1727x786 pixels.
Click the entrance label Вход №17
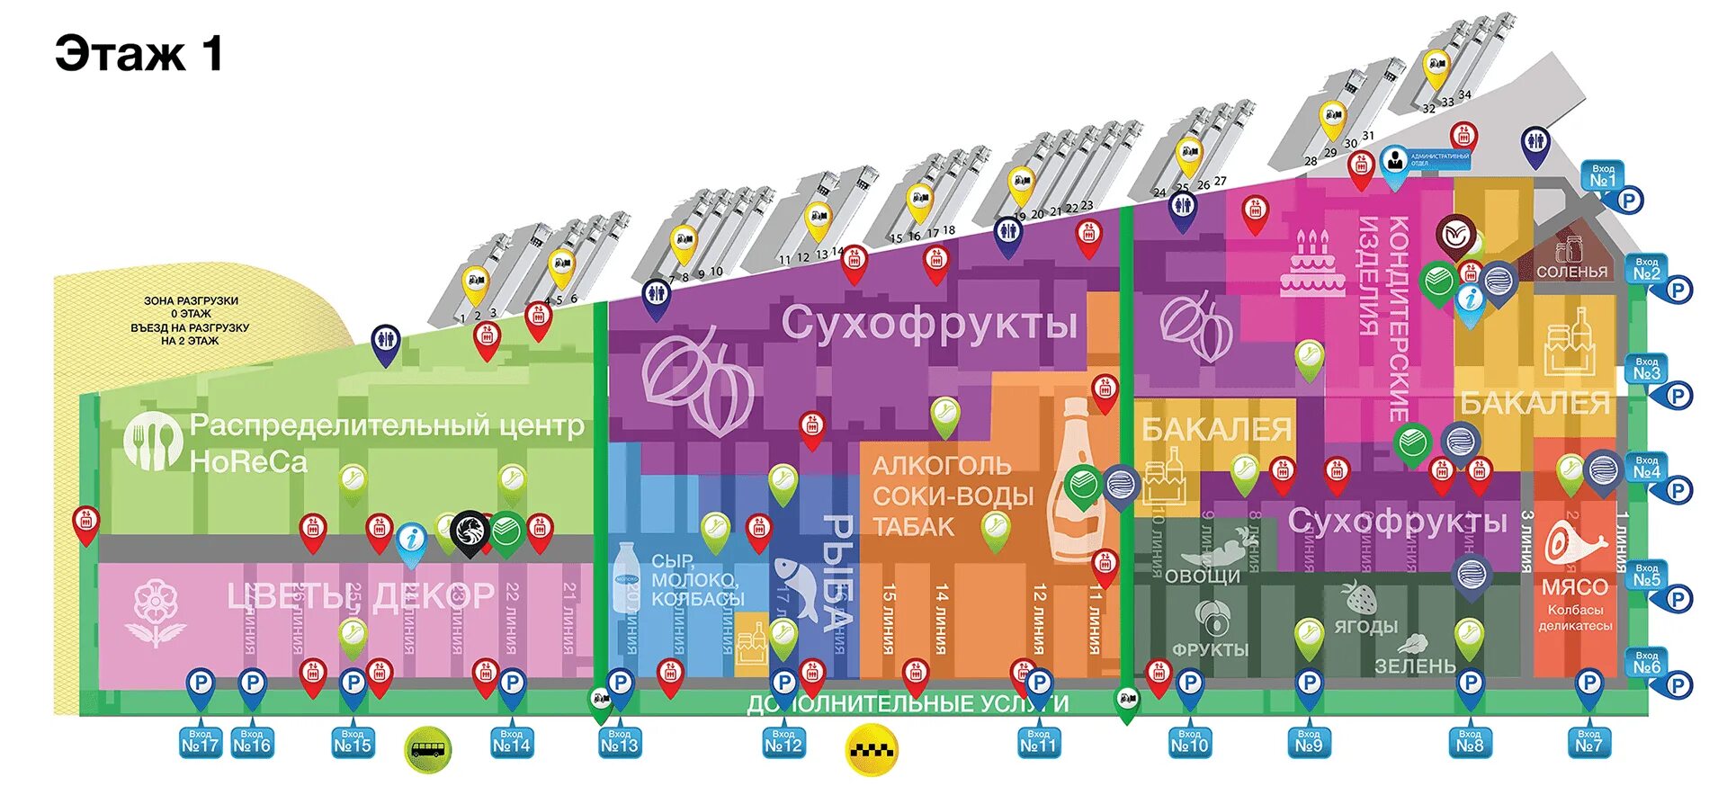200,742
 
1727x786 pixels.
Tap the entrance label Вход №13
619,742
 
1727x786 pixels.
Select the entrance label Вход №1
1603,176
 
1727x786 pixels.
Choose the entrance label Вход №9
1309,742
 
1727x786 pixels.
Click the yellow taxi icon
872,749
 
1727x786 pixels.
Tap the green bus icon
428,749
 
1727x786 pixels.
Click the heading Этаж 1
139,54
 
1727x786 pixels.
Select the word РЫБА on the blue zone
838,572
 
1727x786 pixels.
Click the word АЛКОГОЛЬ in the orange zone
941,466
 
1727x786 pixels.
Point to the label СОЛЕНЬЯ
1571,272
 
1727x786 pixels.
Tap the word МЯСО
1574,587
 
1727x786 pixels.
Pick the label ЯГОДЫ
1365,626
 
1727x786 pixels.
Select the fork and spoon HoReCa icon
153,441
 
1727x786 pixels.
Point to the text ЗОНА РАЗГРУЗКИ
191,301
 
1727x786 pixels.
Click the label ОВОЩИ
1202,576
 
